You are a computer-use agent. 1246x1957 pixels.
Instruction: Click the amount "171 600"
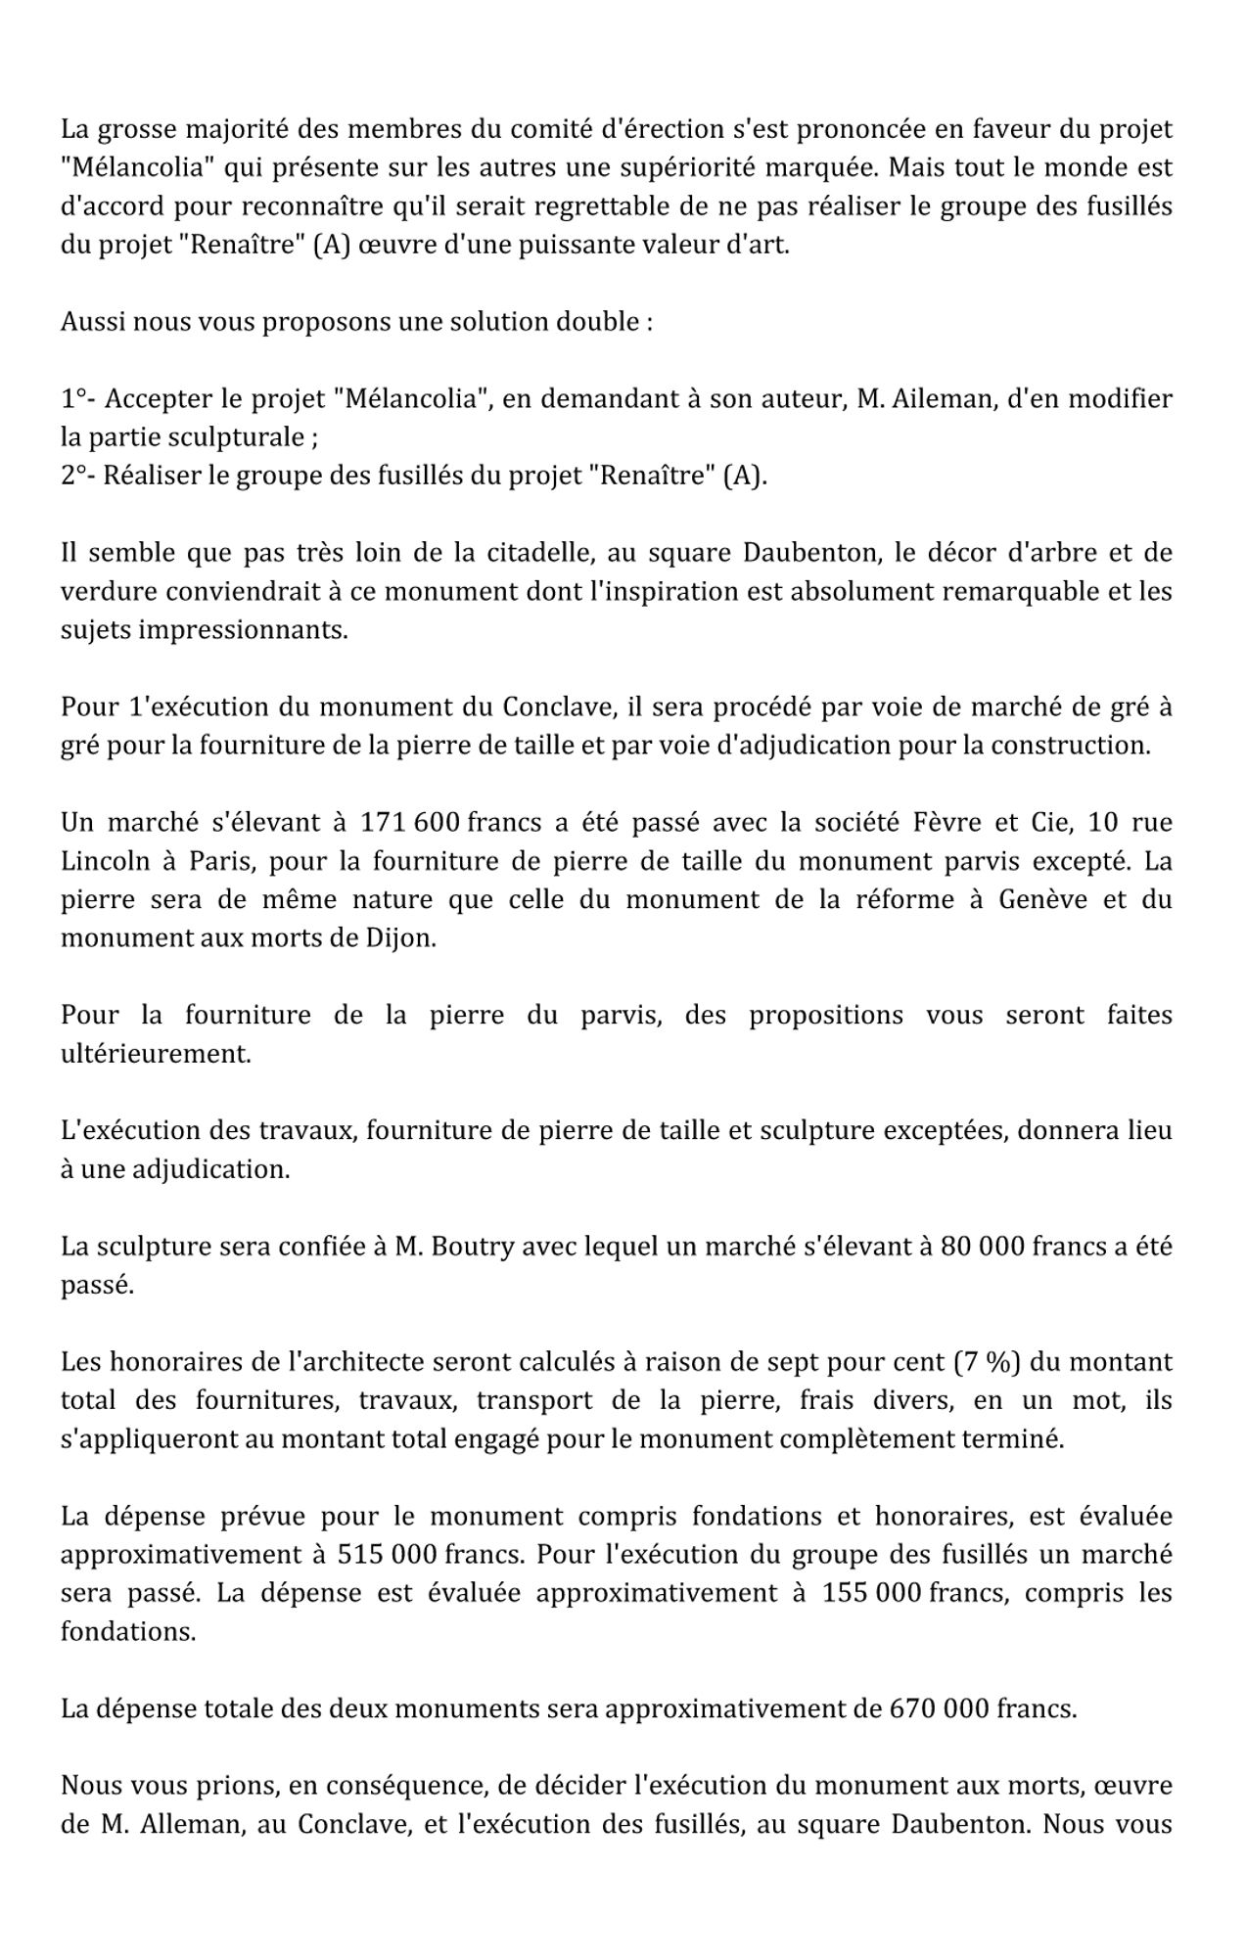pyautogui.click(x=410, y=823)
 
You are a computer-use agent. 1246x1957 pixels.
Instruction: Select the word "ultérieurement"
pyautogui.click(x=156, y=1055)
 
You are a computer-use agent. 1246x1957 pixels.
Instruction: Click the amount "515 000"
pyautogui.click(x=387, y=1556)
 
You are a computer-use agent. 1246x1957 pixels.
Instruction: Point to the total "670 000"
pyautogui.click(x=939, y=1709)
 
